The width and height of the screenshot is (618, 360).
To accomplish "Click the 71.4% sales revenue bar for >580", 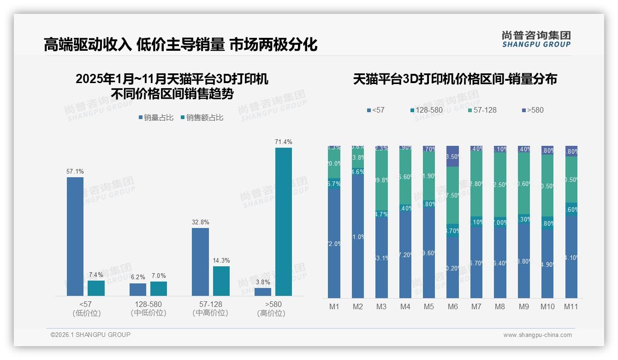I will pos(284,222).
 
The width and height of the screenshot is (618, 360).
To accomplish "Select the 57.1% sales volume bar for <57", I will pos(75,236).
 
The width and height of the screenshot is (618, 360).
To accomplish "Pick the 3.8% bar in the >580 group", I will pos(263,292).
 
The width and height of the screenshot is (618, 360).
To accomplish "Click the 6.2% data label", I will pos(137,277).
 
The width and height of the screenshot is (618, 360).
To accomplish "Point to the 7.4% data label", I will pos(96,275).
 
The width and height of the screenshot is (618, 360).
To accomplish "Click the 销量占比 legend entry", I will pos(156,118).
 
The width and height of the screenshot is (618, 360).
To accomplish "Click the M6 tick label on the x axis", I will pos(452,306).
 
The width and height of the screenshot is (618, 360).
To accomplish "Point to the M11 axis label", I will pos(571,306).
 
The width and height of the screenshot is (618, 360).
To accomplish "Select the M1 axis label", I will pos(334,306).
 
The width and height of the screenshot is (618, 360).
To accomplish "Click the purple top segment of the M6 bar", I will pos(452,156).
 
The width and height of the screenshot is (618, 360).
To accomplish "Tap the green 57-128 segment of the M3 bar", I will pos(381,180).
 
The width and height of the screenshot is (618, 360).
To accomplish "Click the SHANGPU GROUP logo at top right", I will pos(536,39).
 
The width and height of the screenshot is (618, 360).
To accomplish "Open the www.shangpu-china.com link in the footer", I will pos(537,335).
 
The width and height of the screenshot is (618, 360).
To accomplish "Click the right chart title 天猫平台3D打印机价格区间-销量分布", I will pos(455,79).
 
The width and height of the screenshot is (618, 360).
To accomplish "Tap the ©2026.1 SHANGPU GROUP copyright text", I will pos(90,335).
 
